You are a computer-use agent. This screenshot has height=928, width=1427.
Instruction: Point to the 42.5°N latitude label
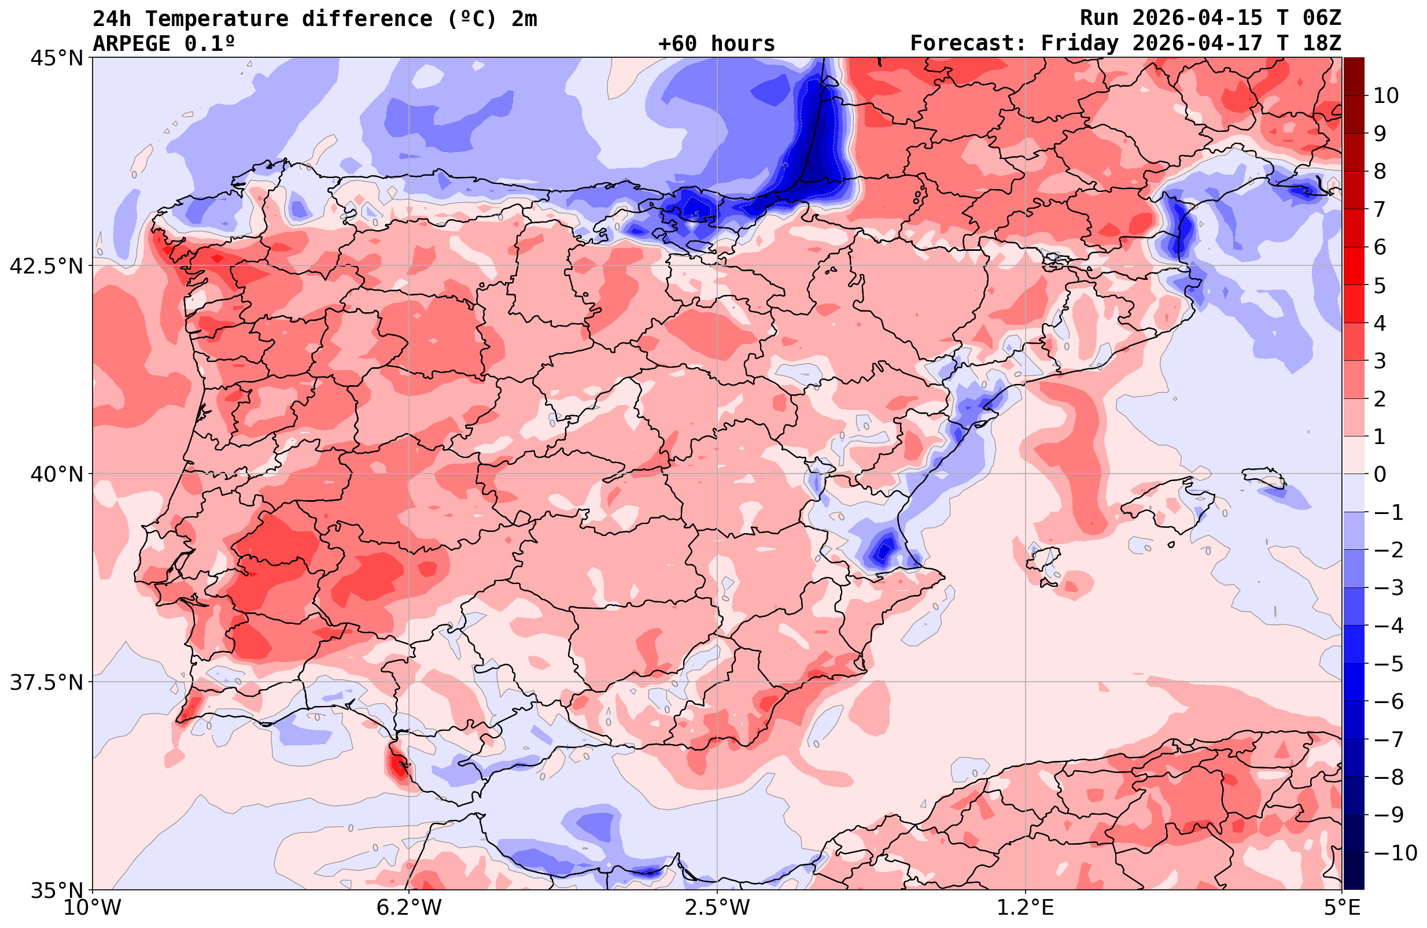(46, 265)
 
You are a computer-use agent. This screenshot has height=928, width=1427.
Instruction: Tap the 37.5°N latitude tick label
(46, 682)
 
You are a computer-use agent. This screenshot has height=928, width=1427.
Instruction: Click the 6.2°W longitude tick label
(409, 908)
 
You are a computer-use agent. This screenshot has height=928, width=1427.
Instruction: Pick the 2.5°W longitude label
(717, 908)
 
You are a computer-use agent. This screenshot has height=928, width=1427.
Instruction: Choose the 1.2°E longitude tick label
(1026, 908)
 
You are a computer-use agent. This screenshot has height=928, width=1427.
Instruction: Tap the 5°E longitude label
(1342, 908)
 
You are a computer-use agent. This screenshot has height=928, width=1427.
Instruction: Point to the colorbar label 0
(1380, 474)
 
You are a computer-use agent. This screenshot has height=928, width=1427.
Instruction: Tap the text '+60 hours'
(717, 44)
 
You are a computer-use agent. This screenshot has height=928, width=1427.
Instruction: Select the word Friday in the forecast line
(1080, 44)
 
